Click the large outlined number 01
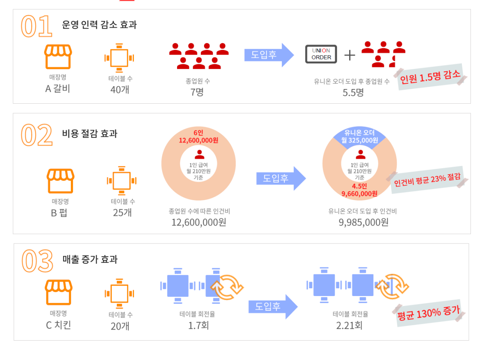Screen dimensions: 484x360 coord(36,26)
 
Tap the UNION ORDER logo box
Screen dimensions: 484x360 coord(321,54)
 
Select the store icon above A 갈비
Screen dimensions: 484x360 coord(58,57)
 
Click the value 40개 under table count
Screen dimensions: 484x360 coord(120,90)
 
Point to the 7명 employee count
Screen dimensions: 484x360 coord(197,92)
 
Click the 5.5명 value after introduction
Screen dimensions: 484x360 coord(353,93)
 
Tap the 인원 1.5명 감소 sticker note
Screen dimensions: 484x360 coord(430,77)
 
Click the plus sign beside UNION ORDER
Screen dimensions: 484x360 coord(350,55)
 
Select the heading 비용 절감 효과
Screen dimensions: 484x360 coord(90,134)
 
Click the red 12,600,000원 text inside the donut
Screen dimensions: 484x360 coord(198,141)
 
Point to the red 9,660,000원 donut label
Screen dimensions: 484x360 coord(359,194)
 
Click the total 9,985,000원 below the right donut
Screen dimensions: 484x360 coord(364,222)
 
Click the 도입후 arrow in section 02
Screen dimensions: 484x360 coord(281,178)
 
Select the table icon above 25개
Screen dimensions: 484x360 coord(122,181)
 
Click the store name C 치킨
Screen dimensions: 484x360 coord(58,325)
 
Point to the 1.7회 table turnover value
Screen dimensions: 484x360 coord(198,326)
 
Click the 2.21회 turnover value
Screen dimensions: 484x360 coord(350,326)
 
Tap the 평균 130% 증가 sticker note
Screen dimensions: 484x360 coord(429,313)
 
